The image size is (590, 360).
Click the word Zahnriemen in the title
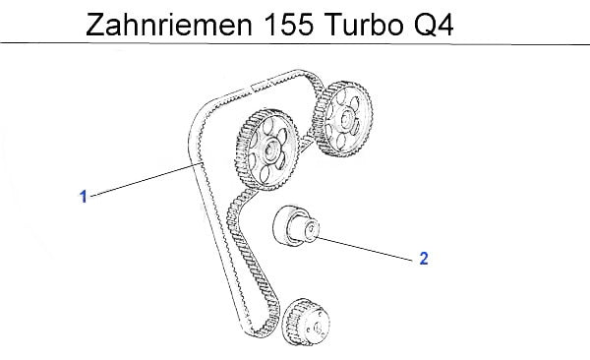point(169,25)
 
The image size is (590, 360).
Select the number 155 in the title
point(288,25)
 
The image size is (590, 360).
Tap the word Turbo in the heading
point(363,25)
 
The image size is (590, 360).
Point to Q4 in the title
point(434,25)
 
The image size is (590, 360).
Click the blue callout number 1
point(84,197)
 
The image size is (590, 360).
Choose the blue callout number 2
point(424,259)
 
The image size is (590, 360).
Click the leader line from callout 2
point(365,248)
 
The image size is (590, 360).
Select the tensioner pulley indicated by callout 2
point(296,226)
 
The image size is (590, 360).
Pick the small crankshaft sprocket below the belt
point(307,322)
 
